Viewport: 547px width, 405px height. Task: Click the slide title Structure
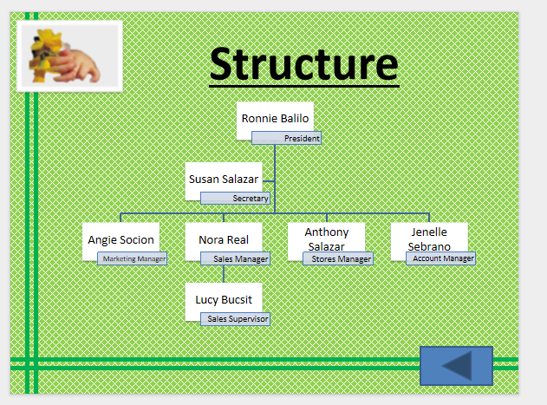[x=303, y=64]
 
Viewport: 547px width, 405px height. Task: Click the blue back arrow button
[x=456, y=365]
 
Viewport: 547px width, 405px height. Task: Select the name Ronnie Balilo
[x=275, y=118]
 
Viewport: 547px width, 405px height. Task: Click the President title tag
[x=287, y=138]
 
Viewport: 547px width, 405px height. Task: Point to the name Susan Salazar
[x=223, y=179]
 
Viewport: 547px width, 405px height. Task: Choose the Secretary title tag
[x=236, y=198]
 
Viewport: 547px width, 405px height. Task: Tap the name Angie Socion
[x=120, y=239]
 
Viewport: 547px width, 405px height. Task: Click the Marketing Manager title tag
[x=133, y=258]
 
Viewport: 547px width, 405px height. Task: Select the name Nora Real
[x=224, y=239]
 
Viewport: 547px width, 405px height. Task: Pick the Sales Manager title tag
[x=236, y=258]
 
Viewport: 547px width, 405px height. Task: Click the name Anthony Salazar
[x=327, y=232]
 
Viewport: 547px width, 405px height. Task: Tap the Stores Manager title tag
[x=339, y=258]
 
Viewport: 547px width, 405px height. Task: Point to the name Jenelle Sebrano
[x=429, y=232]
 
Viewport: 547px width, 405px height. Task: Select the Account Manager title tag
[x=441, y=258]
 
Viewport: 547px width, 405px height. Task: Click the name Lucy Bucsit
[x=223, y=300]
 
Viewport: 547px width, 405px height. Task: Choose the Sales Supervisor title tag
[x=236, y=319]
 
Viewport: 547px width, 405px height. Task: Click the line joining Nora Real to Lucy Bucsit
[x=224, y=273]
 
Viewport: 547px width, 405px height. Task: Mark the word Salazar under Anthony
[x=327, y=246]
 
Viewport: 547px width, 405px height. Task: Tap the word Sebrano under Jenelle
[x=429, y=246]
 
